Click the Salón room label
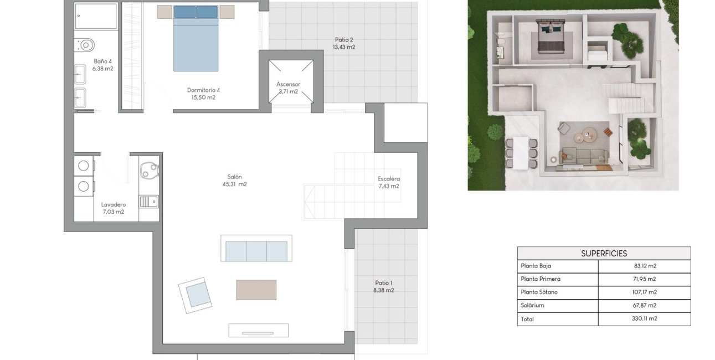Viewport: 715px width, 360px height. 234,177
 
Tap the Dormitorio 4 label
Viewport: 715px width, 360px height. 203,90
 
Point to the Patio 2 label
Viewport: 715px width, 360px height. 343,39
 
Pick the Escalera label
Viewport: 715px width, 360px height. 388,179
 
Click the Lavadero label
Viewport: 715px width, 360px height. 113,204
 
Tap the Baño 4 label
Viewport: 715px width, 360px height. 102,61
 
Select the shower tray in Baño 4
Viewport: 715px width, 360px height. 96,16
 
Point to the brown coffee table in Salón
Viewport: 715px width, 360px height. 256,290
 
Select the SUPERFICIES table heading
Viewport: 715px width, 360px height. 604,254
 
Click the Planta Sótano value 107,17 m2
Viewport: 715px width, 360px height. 644,292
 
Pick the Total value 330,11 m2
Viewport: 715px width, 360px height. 644,318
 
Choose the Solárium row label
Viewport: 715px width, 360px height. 532,305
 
